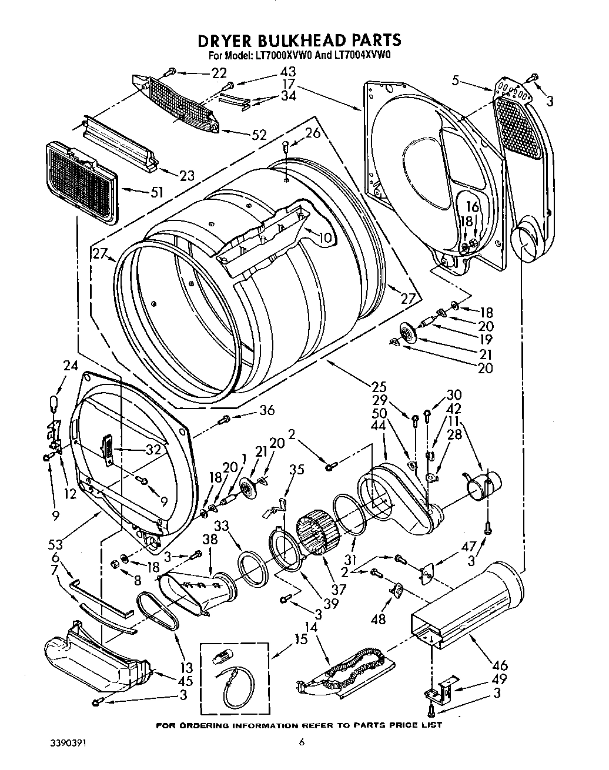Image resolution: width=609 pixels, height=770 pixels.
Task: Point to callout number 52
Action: pyautogui.click(x=259, y=135)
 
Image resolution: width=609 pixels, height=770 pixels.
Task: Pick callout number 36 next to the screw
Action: pyautogui.click(x=266, y=410)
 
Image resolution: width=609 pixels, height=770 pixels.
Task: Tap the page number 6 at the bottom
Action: pyautogui.click(x=302, y=743)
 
